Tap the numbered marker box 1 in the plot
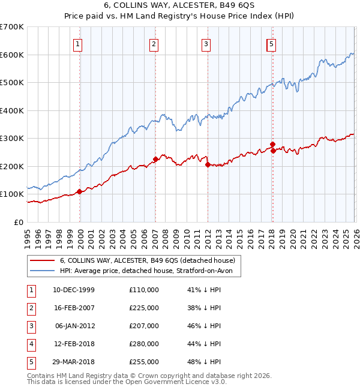click(79, 43)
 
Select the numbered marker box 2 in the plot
click(154, 43)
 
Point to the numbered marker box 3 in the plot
click(206, 43)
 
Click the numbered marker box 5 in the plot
click(272, 43)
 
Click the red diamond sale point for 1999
click(79, 191)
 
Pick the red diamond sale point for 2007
click(155, 159)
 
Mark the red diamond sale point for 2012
click(207, 164)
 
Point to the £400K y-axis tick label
click(12, 110)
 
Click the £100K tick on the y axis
click(12, 194)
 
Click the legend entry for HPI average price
click(150, 271)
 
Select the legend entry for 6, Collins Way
click(150, 260)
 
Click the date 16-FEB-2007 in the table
click(74, 308)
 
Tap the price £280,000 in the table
click(144, 344)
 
